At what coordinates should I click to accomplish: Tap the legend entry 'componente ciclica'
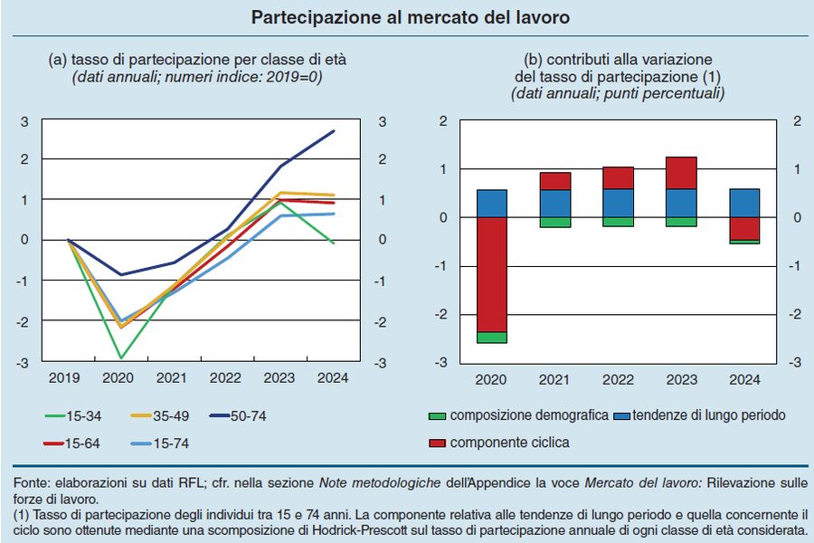(x=499, y=443)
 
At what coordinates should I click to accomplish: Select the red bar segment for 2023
(x=681, y=173)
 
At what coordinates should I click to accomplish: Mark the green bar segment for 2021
(x=554, y=223)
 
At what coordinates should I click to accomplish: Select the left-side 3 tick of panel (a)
(x=24, y=120)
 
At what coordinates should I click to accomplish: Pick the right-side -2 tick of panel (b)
(x=796, y=314)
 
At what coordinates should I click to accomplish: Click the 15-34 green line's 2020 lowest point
(x=120, y=358)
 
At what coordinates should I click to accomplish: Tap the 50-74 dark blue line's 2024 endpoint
(x=335, y=131)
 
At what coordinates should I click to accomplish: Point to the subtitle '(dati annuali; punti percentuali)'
(x=618, y=93)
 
